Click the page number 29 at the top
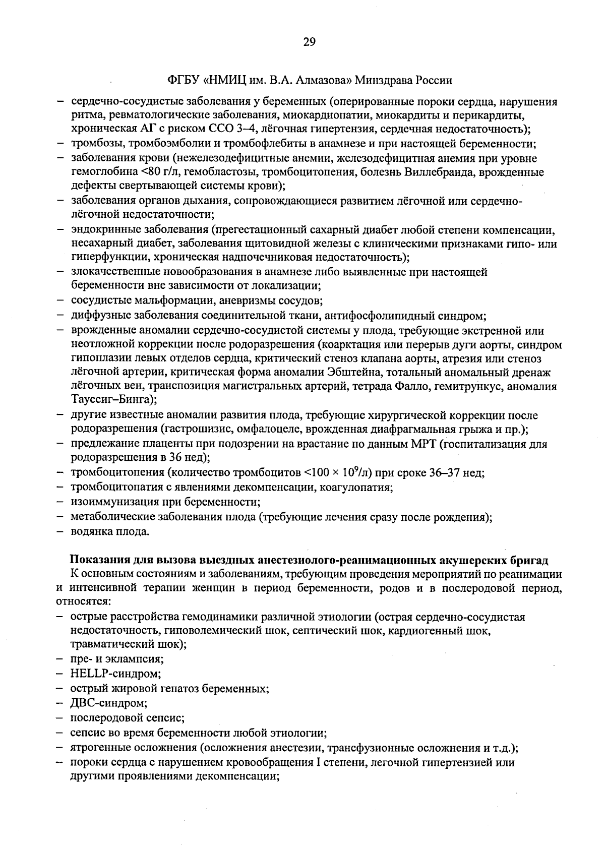[x=309, y=42]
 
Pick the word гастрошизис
[x=194, y=430]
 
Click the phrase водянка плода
[x=110, y=531]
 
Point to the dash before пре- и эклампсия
[x=60, y=659]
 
